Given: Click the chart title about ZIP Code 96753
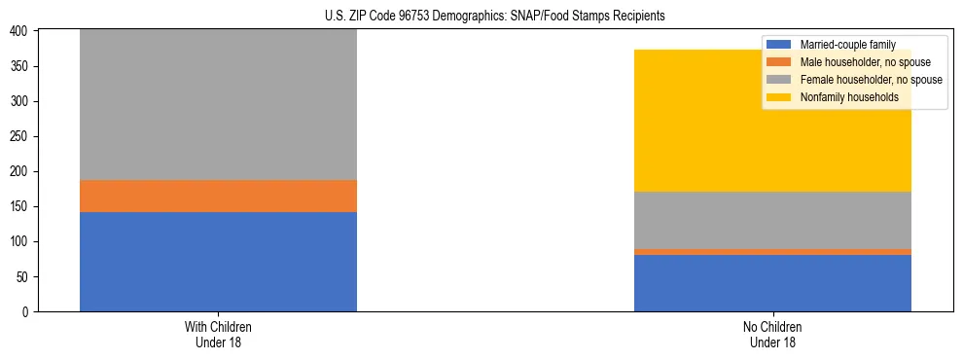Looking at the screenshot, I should coord(495,17).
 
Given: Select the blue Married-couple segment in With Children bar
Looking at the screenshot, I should coord(218,261).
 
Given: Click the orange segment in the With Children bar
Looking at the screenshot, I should coord(218,196).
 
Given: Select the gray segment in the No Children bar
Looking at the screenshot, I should coord(772,220).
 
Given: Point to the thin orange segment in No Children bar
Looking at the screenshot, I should coord(772,252).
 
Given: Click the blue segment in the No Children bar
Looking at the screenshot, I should coord(772,283).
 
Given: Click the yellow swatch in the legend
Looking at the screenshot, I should coord(779,97).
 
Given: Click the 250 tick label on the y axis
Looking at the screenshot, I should coord(22,136).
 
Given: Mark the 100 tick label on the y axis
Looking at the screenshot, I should coord(22,241).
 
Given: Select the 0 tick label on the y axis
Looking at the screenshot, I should coord(28,311).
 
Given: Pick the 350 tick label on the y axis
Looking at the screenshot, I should coord(22,66).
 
